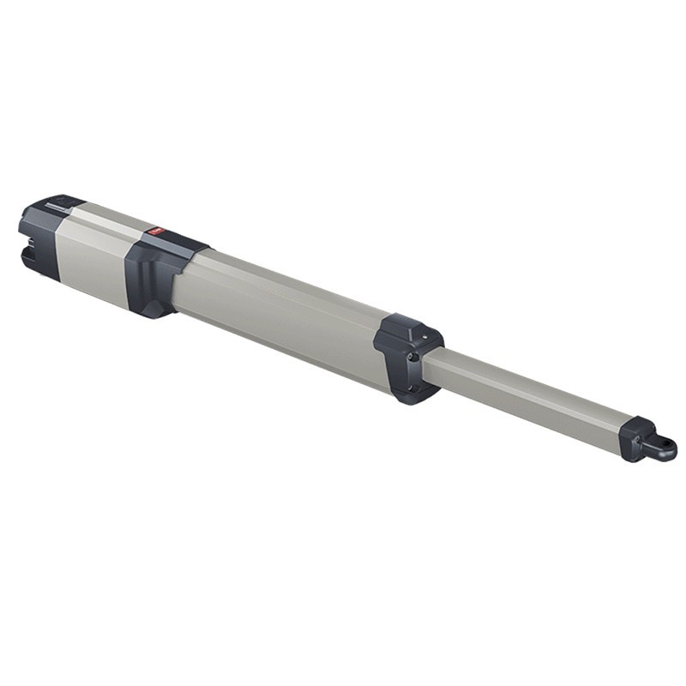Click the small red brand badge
point(157,230)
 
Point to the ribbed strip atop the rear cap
point(57,205)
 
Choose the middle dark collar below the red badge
point(154,274)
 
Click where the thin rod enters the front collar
point(433,360)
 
